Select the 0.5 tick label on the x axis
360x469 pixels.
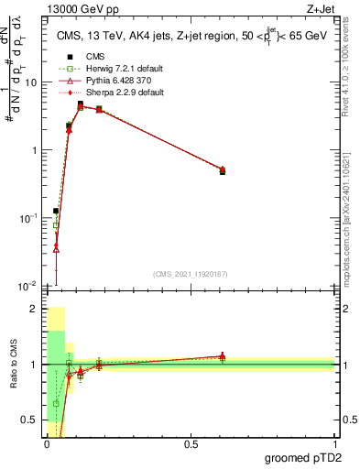coord(191,443)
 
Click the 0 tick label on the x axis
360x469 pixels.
coord(47,443)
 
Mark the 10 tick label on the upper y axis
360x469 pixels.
coord(29,82)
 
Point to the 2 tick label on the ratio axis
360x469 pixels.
coord(35,309)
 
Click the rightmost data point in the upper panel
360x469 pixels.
coord(223,170)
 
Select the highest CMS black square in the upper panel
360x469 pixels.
coord(81,104)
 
